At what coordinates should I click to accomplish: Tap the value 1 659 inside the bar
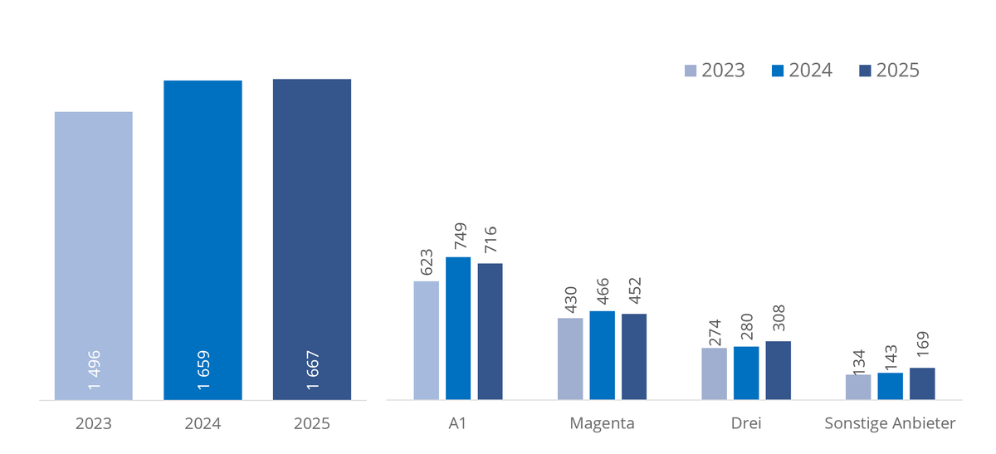click(203, 371)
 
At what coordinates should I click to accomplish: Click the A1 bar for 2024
click(458, 328)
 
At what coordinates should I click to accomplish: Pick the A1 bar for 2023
click(427, 340)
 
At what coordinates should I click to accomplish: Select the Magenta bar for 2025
click(634, 356)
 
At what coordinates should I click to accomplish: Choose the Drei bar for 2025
click(779, 370)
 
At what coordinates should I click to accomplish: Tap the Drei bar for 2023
click(714, 373)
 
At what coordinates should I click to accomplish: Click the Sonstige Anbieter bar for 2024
click(891, 386)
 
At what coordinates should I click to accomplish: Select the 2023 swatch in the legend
click(691, 71)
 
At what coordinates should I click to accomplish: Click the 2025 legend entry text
click(897, 71)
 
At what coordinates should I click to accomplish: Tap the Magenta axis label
click(602, 423)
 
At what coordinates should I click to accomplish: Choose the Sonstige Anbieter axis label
click(890, 423)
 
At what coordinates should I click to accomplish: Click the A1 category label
click(458, 423)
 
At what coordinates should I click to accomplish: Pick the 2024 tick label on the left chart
click(203, 423)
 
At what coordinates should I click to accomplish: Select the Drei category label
click(746, 423)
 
